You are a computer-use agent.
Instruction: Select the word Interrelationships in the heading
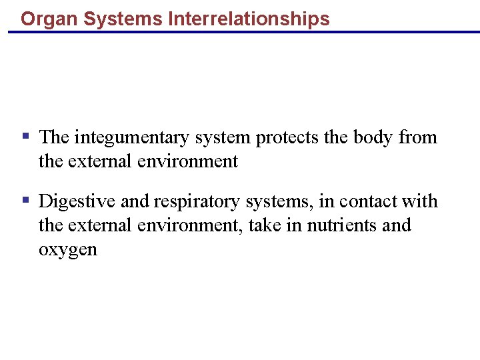point(249,19)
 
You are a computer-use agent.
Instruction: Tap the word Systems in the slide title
point(124,19)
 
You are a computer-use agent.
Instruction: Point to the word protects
point(287,138)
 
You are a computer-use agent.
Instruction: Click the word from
point(418,137)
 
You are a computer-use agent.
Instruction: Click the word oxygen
point(68,251)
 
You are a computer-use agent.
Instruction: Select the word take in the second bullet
point(265,225)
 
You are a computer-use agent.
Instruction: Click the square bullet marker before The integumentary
point(25,137)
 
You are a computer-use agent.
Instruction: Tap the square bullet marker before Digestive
point(25,200)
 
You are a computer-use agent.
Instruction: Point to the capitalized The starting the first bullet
point(54,137)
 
